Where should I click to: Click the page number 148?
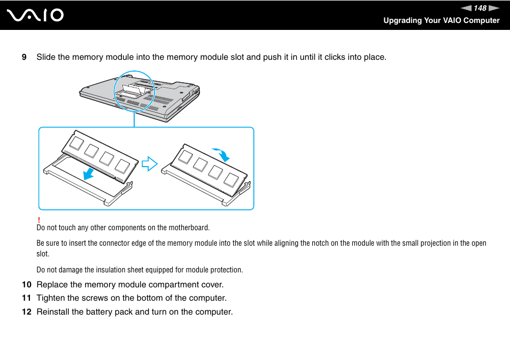[480, 8]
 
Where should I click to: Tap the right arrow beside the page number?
[493, 8]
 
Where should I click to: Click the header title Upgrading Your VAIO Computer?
[441, 20]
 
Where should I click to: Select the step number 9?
[24, 57]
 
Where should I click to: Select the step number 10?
[26, 284]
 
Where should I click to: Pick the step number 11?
[26, 298]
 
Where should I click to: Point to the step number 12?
[26, 312]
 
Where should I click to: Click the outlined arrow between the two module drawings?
[150, 163]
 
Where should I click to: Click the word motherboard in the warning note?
[189, 228]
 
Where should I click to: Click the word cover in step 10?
[213, 284]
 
